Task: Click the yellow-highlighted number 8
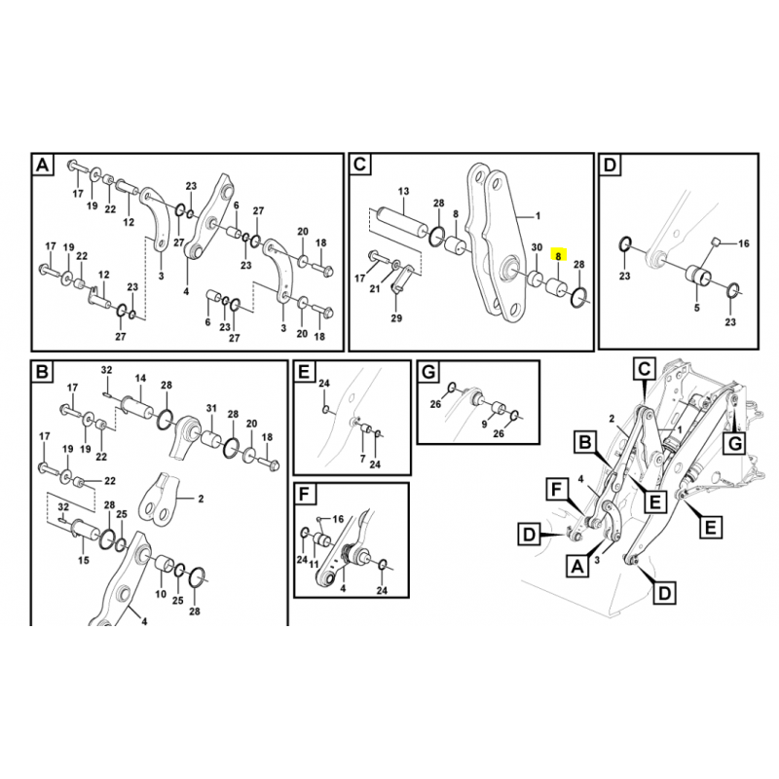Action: [558, 256]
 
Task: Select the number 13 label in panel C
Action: [402, 191]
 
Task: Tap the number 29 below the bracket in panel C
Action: [396, 318]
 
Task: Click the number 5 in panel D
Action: [696, 308]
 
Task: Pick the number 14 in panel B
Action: [139, 378]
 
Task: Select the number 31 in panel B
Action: [211, 407]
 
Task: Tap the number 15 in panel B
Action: [83, 561]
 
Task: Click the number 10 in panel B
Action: [161, 593]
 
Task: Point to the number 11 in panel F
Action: [315, 565]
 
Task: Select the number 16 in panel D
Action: [744, 243]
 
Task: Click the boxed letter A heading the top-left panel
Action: [42, 167]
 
